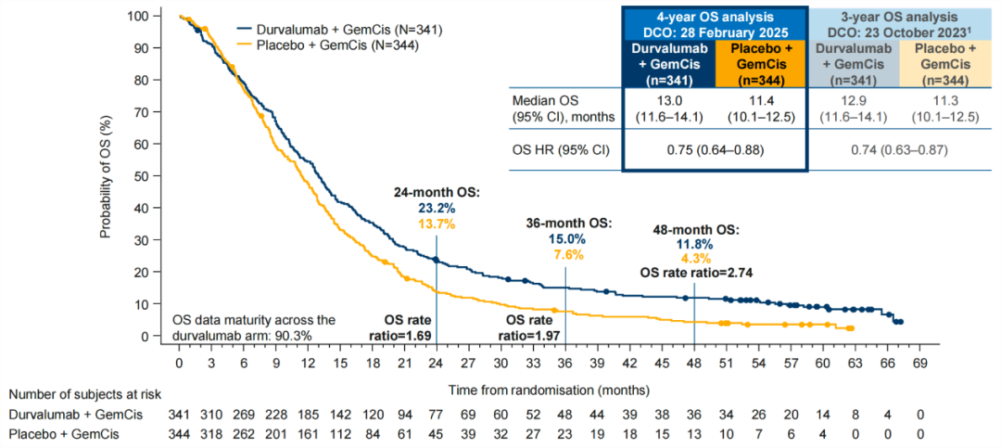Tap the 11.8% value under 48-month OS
click(691, 243)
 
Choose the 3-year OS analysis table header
click(900, 21)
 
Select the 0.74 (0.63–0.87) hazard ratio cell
click(900, 151)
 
